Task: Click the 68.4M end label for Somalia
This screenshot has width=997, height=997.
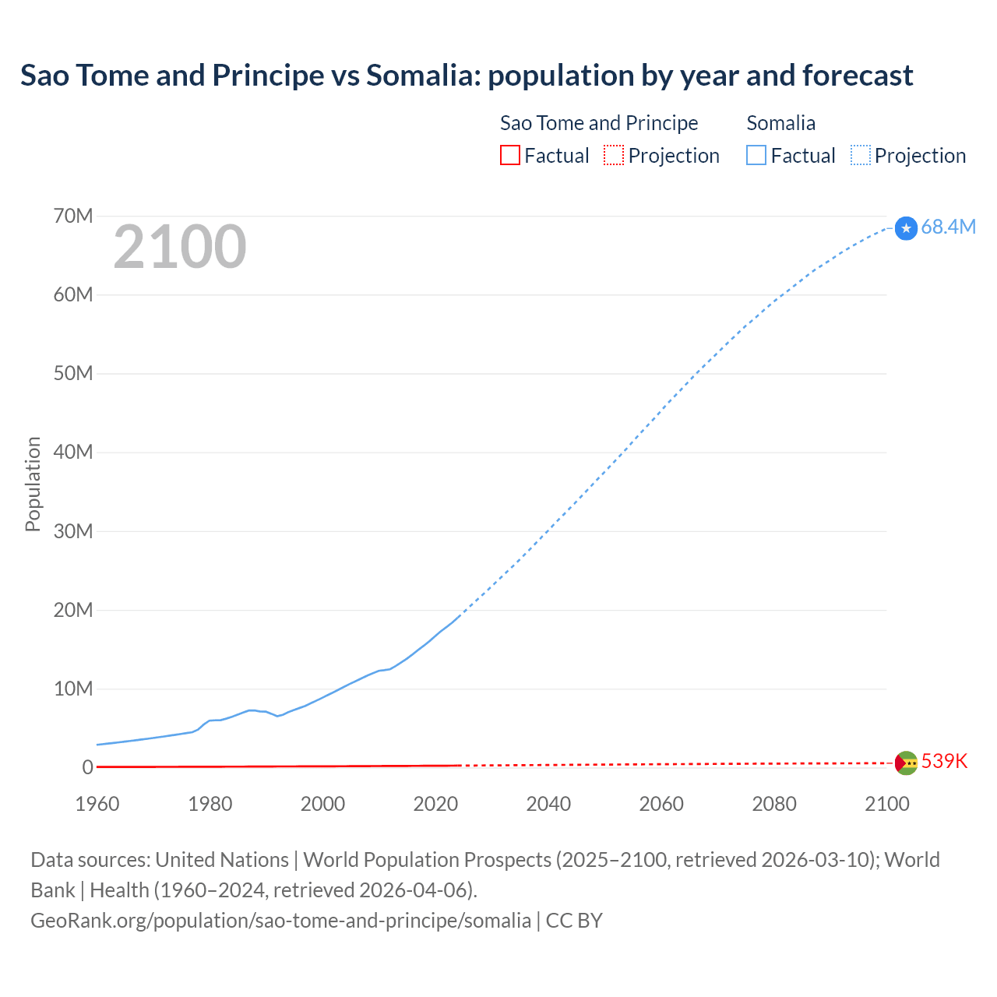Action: [x=948, y=227]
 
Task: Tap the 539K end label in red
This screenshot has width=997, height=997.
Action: [x=944, y=761]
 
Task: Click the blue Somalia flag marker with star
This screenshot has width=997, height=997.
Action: [x=906, y=228]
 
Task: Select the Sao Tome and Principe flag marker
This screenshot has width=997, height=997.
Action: [x=906, y=763]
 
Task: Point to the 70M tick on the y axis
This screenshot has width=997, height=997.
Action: [x=73, y=216]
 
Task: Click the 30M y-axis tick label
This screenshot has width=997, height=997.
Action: [x=73, y=531]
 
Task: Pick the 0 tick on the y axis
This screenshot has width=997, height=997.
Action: [x=87, y=767]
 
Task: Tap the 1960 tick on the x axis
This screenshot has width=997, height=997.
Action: [x=97, y=804]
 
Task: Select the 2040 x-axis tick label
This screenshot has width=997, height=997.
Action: [x=548, y=804]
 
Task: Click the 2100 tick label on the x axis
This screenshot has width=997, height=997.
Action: [x=886, y=804]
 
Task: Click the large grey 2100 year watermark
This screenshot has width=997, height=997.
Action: [x=180, y=247]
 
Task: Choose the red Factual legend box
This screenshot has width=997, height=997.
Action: [x=509, y=155]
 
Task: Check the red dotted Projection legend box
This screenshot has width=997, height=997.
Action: [x=614, y=155]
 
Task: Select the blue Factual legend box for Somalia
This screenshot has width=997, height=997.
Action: [x=756, y=155]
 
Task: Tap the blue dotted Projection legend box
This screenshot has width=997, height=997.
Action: [x=861, y=155]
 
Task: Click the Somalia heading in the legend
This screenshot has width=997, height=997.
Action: [x=780, y=123]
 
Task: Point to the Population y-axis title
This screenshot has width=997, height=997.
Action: [x=33, y=484]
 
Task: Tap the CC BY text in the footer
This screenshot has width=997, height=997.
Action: [x=574, y=920]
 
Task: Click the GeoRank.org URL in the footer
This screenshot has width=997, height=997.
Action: [x=280, y=920]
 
